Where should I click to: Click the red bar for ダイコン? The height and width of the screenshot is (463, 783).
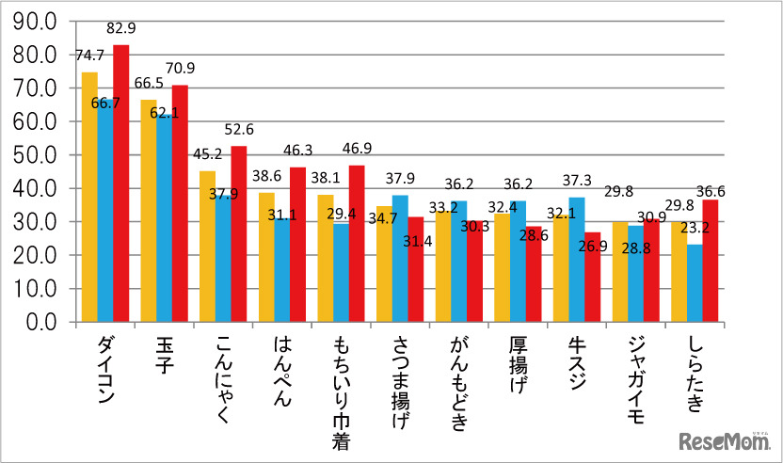(121, 184)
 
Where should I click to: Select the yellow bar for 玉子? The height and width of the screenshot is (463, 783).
(149, 211)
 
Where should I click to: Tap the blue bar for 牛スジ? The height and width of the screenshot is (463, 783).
(576, 260)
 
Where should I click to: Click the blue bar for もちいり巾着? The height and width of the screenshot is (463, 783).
(341, 273)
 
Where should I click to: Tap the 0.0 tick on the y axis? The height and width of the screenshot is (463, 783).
(43, 323)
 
